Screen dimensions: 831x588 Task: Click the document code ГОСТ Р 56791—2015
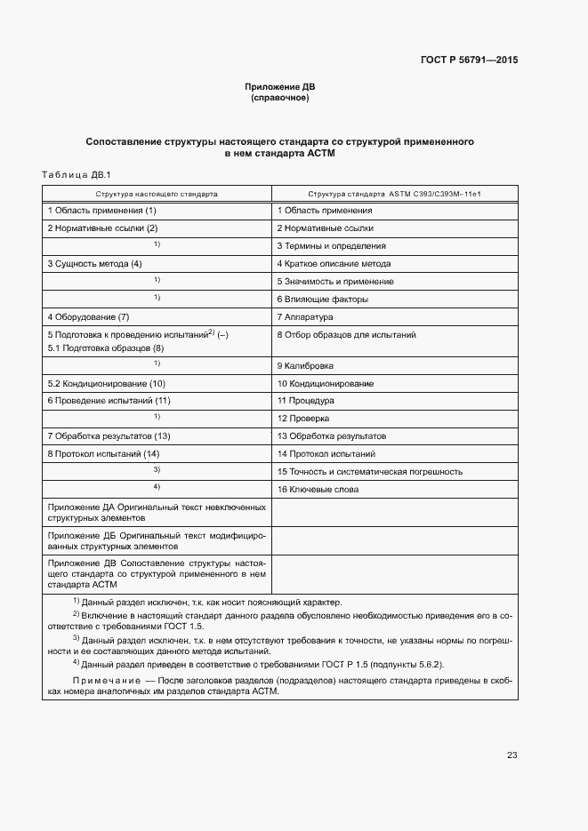click(469, 60)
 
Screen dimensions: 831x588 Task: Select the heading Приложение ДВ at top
click(279, 87)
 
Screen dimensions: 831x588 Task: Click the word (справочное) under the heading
click(279, 98)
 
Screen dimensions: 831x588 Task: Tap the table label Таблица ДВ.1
click(76, 174)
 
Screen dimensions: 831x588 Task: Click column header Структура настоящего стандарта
click(157, 193)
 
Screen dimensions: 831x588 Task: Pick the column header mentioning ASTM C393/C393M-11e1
click(394, 193)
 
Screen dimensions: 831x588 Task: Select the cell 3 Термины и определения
click(331, 246)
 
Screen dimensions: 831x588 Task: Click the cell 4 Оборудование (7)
click(88, 316)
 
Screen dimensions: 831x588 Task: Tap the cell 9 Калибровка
click(305, 365)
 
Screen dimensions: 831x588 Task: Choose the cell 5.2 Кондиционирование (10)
click(106, 383)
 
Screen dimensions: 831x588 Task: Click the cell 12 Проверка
click(303, 418)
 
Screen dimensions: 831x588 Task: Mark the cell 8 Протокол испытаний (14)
click(102, 453)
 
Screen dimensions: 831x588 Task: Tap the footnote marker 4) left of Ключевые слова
click(157, 487)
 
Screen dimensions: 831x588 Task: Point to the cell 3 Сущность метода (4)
click(94, 264)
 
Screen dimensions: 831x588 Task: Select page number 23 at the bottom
click(511, 755)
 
